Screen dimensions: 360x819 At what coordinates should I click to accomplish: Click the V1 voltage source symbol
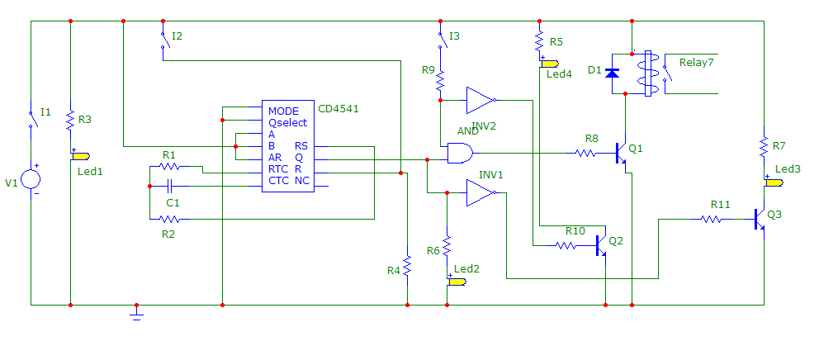point(31,179)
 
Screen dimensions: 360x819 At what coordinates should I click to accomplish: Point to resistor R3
point(70,121)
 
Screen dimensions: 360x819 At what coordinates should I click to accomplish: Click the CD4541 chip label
point(338,108)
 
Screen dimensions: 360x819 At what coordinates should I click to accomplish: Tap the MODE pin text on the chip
point(283,111)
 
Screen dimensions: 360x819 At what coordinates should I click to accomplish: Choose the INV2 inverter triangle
point(479,100)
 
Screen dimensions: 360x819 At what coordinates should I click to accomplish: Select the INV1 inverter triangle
point(479,193)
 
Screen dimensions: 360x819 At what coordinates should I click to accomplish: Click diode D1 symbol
point(612,73)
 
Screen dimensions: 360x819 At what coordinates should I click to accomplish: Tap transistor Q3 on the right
point(760,219)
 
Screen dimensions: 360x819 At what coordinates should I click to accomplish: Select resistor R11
point(712,219)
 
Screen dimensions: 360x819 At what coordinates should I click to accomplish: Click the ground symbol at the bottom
point(137,312)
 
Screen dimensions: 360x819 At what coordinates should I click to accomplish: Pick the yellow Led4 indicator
point(550,63)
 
